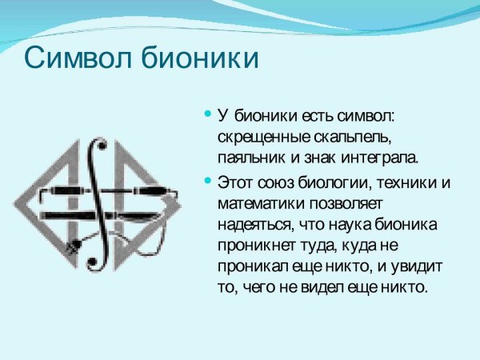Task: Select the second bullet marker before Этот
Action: click(x=208, y=182)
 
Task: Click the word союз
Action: click(x=269, y=183)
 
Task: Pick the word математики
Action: click(x=257, y=203)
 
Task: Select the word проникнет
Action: click(x=255, y=245)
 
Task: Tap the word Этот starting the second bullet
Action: click(x=234, y=183)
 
